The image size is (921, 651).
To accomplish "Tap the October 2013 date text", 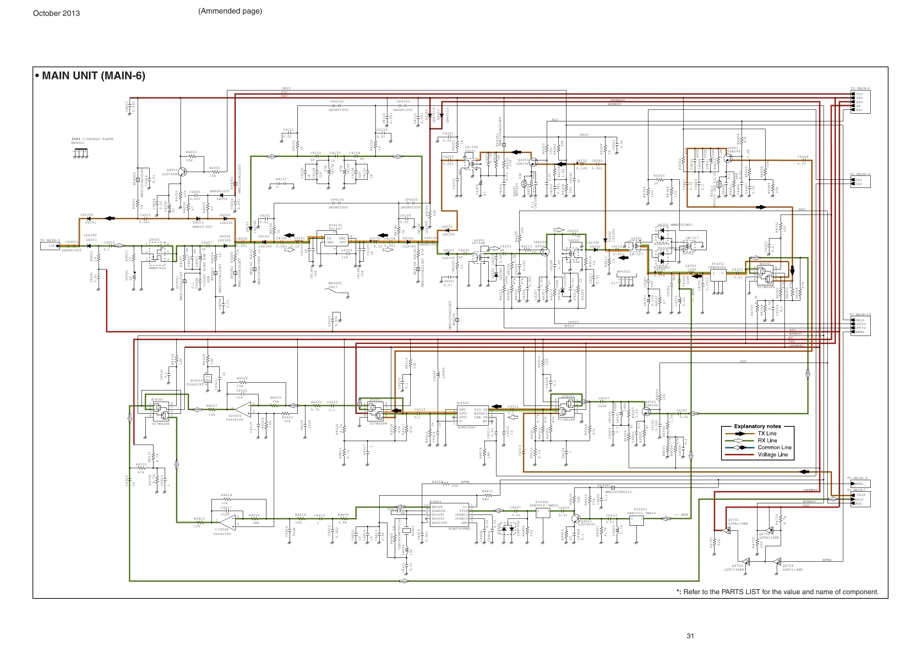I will [56, 13].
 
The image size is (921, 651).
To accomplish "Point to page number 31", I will [690, 636].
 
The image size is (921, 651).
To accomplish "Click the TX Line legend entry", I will [767, 433].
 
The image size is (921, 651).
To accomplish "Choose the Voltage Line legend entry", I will [772, 455].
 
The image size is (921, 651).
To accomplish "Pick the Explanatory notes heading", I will [757, 426].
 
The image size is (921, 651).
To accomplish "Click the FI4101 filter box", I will [333, 242].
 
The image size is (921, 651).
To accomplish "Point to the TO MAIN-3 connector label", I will [860, 88].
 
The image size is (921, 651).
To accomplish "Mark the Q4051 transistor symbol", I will [182, 172].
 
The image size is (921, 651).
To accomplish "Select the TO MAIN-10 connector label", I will [860, 314].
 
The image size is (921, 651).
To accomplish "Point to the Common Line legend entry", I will [774, 447].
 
